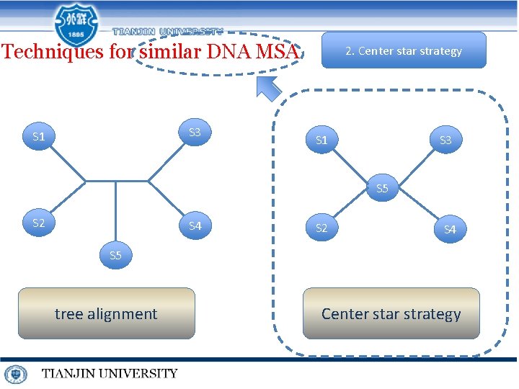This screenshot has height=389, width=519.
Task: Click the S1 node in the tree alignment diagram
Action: (39, 136)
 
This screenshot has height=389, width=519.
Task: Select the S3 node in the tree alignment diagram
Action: (195, 133)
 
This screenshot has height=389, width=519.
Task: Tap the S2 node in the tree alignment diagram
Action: (39, 223)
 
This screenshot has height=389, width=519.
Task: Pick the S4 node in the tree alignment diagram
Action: (195, 226)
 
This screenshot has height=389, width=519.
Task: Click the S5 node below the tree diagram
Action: (115, 256)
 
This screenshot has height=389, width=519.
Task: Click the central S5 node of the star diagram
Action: (382, 189)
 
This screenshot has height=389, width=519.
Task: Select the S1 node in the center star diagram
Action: (321, 140)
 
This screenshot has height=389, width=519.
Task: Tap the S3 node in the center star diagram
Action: (445, 140)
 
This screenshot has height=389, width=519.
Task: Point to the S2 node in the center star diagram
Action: (321, 228)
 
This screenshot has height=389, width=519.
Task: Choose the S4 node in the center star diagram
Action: (450, 230)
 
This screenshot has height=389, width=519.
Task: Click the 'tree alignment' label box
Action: (106, 313)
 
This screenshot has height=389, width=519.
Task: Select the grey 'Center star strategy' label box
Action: (391, 313)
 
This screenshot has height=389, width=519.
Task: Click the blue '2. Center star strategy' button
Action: (404, 50)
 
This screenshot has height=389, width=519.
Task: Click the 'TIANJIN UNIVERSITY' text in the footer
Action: (109, 373)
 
